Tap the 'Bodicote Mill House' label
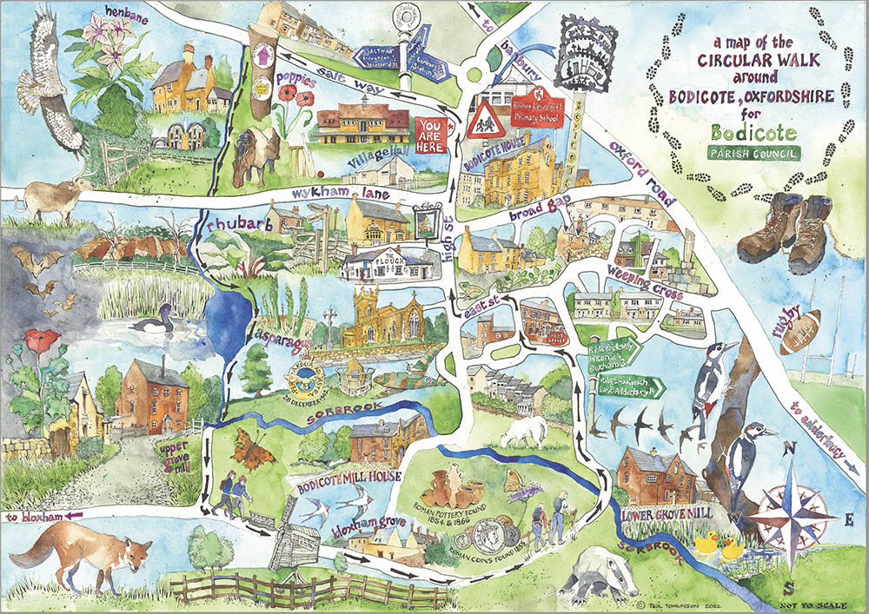tap(348, 477)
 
